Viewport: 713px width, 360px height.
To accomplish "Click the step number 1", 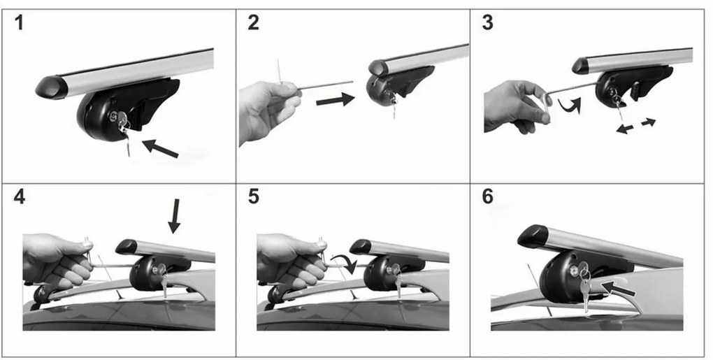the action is [x=19, y=22].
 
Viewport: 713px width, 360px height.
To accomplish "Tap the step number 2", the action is [x=253, y=22].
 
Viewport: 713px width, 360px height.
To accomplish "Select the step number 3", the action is [x=487, y=22].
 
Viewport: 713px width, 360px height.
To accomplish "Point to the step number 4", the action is [x=20, y=197].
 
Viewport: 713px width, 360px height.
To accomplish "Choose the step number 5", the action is [x=254, y=197].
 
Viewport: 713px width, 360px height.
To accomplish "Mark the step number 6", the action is [x=487, y=197].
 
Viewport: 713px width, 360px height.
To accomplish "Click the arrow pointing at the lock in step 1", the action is [x=160, y=149].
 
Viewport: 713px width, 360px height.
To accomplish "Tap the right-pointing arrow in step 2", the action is [x=335, y=99].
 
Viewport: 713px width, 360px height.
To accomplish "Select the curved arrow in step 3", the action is [x=570, y=106].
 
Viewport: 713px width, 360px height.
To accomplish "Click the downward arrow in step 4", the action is [x=174, y=216].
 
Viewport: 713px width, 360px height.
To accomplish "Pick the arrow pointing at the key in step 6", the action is [x=617, y=287].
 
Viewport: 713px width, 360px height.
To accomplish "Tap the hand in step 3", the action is [x=516, y=107].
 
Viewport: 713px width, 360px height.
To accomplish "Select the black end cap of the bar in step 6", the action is [x=533, y=235].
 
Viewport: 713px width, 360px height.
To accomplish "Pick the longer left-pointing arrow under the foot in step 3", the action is [x=625, y=129].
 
